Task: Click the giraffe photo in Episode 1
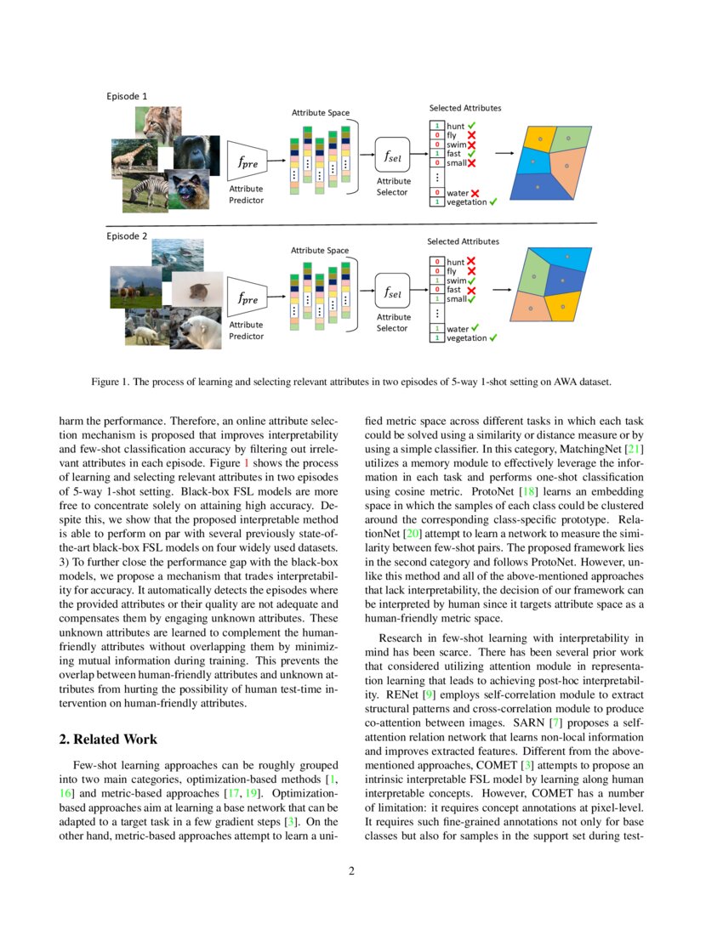click(x=132, y=157)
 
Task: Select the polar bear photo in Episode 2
click(x=197, y=327)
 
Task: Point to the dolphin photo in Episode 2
click(x=179, y=252)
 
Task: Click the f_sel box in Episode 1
click(x=393, y=156)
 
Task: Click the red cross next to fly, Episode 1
click(x=470, y=135)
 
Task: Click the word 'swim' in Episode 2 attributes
click(x=457, y=280)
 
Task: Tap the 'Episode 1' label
click(x=127, y=96)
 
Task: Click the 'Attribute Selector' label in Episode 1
click(x=393, y=186)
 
